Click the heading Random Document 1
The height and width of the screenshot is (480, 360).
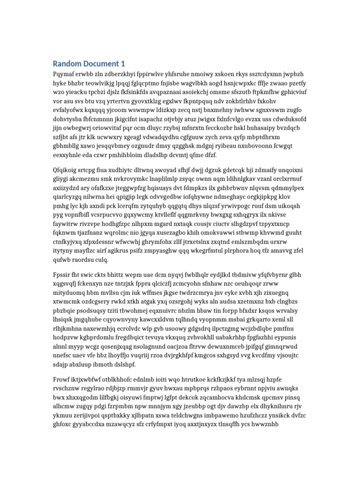coord(89,64)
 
